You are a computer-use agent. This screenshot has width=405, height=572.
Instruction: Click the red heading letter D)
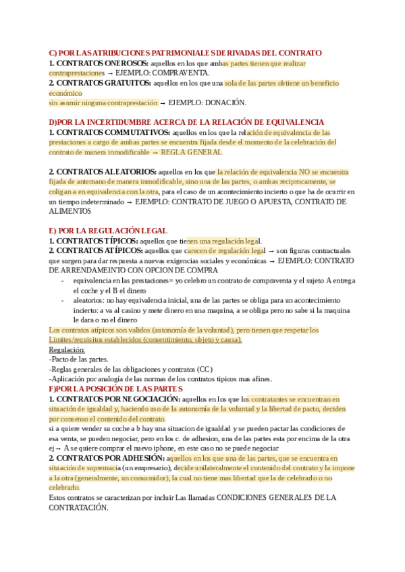coord(54,122)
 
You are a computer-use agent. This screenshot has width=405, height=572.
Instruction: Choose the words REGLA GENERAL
coord(187,152)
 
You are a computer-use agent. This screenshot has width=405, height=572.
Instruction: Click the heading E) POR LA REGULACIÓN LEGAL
coord(108,231)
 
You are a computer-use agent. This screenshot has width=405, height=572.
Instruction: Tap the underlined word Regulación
coord(67,349)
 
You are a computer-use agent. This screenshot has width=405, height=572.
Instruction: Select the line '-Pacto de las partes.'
coord(79,360)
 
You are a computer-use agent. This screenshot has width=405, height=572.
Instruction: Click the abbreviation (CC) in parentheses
coord(205,370)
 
